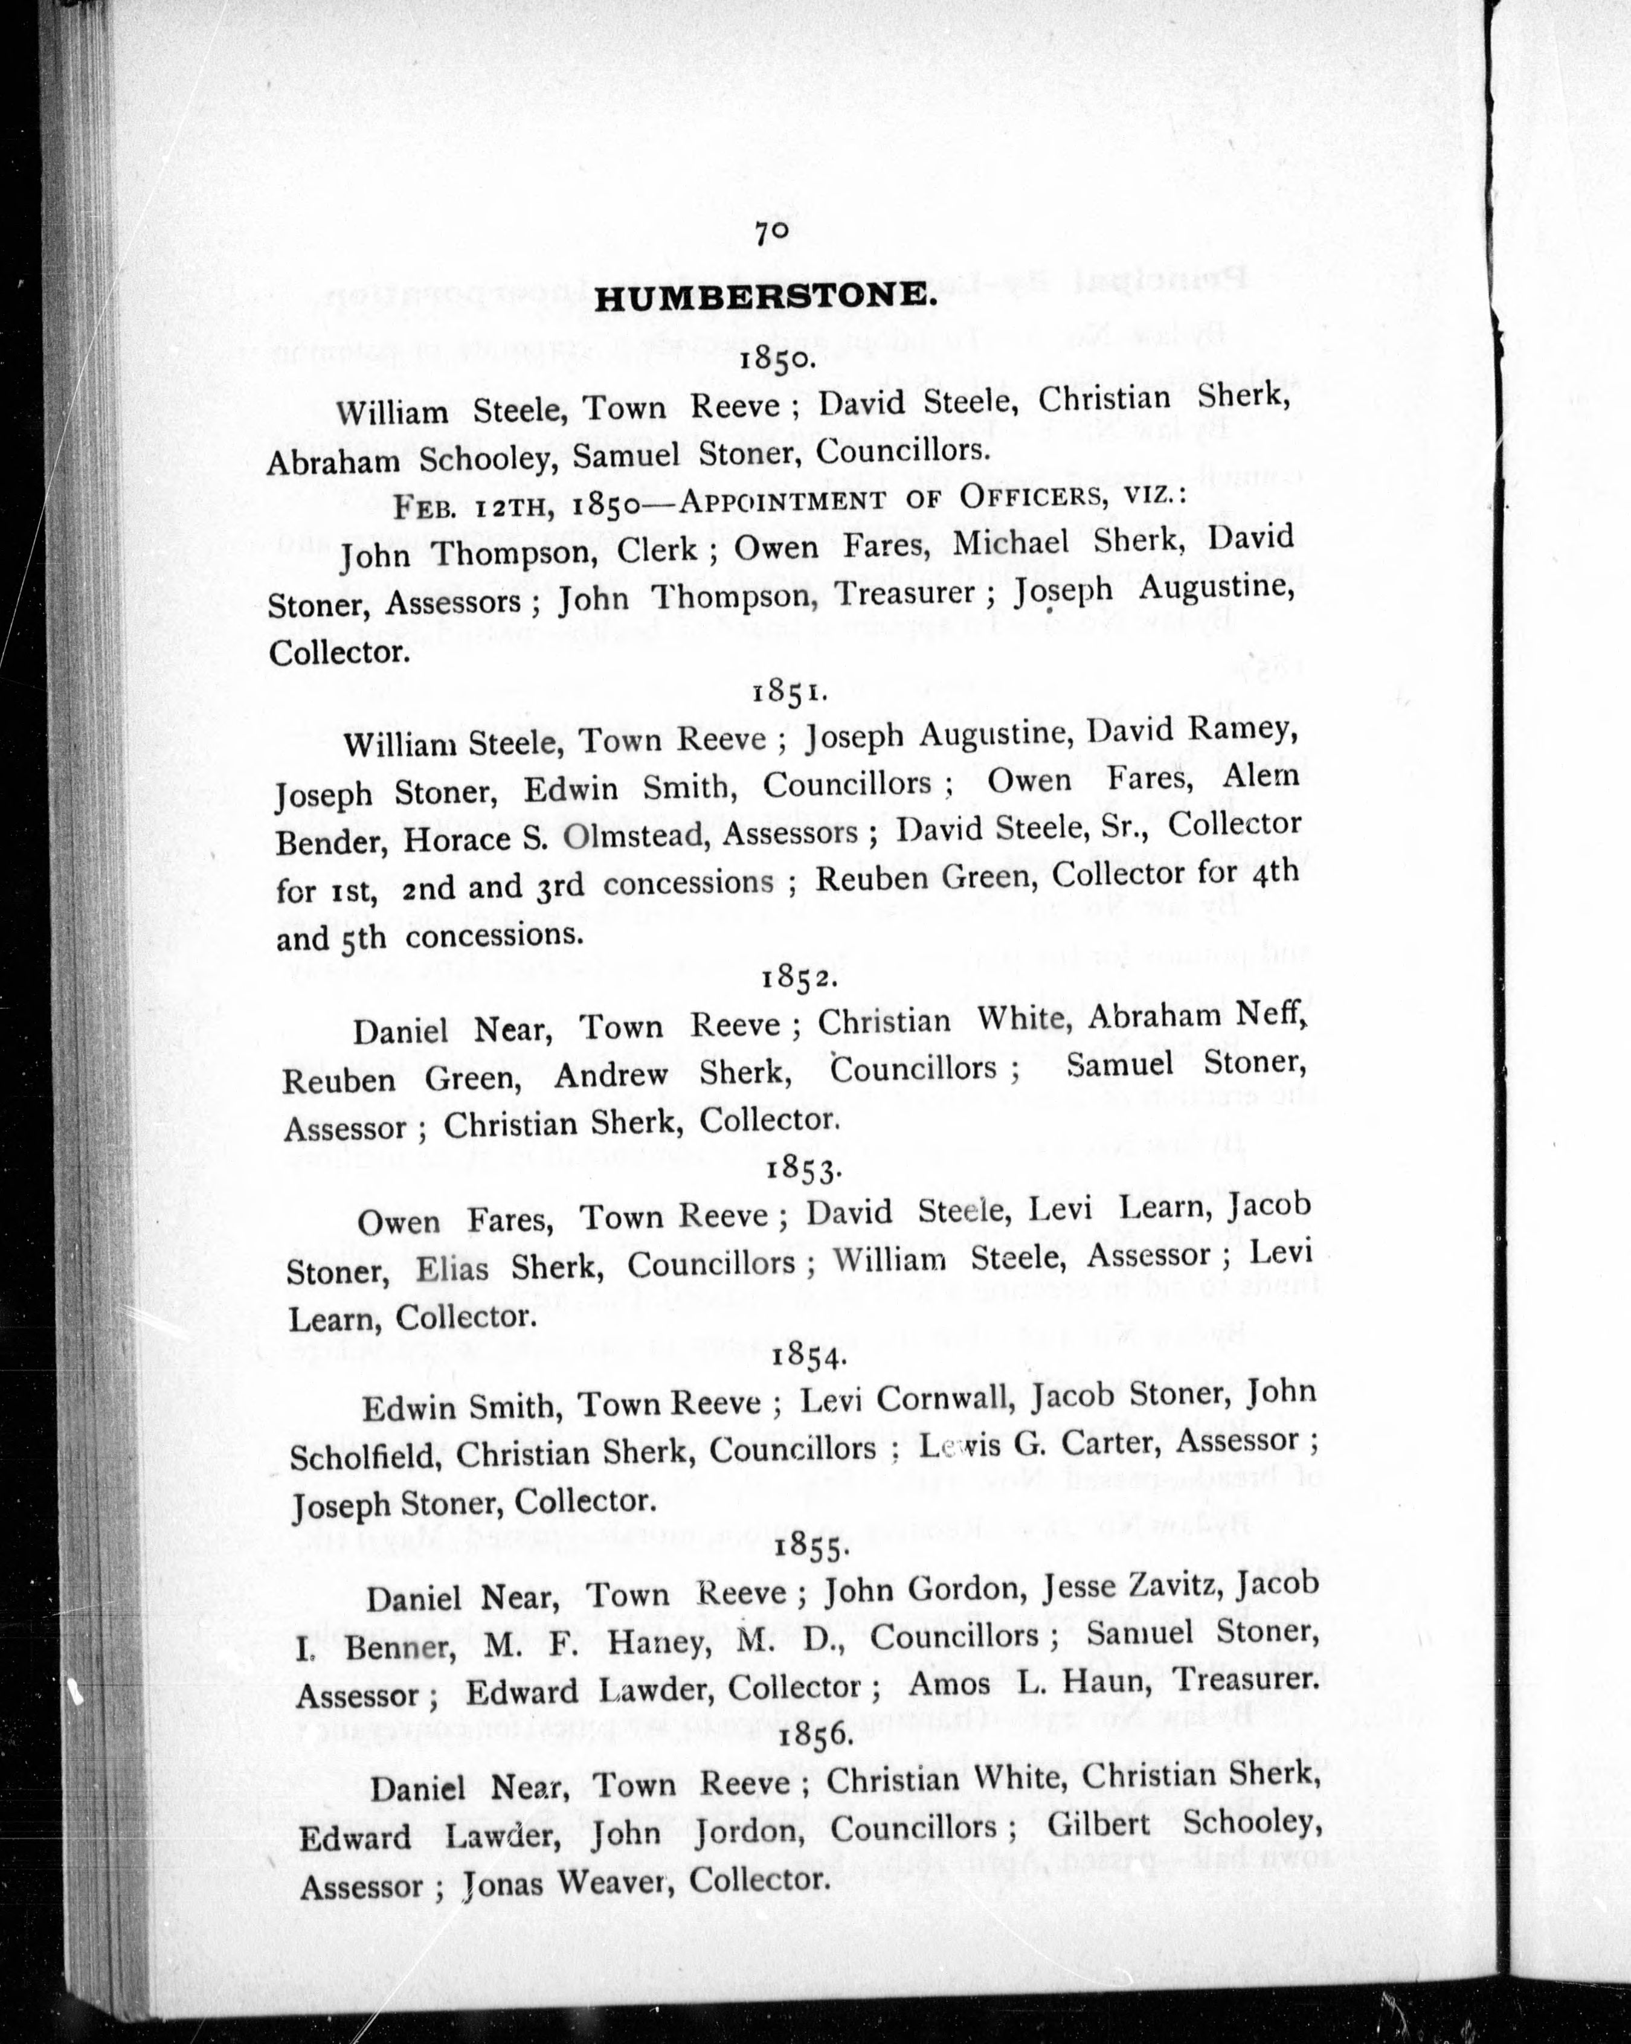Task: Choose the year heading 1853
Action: click(x=804, y=1168)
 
